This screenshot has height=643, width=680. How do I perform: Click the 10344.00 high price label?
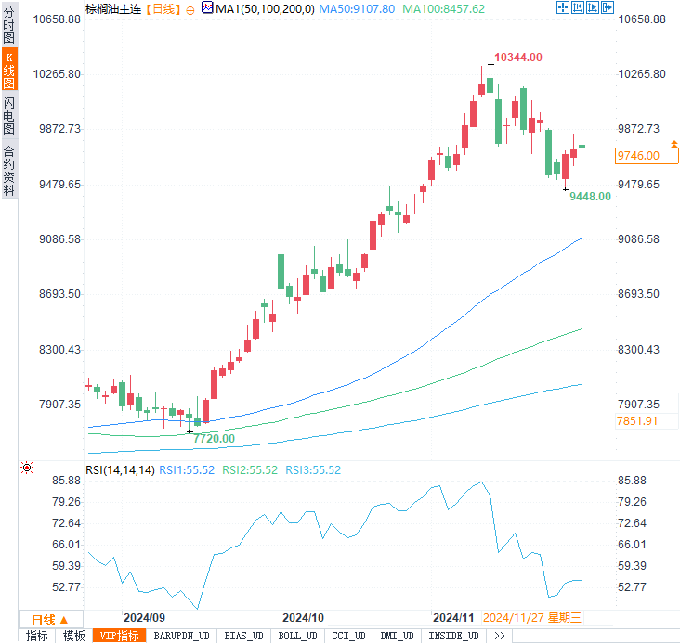coord(517,58)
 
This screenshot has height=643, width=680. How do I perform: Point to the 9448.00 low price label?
coord(590,196)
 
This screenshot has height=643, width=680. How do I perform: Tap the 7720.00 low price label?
coord(214,438)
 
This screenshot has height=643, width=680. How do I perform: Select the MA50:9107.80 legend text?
coord(357,8)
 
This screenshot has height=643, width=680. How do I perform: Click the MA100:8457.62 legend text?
coord(443,8)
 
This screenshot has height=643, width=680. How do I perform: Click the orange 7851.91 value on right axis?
coord(637,421)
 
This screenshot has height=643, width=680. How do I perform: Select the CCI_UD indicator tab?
coord(348,636)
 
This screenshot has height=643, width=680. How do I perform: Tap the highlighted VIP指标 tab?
coord(119,636)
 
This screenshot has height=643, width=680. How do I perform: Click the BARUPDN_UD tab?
coord(182,636)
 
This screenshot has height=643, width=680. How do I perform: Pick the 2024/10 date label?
coord(303,617)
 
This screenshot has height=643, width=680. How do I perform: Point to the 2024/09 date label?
coord(144,617)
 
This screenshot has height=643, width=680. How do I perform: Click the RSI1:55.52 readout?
coord(187,470)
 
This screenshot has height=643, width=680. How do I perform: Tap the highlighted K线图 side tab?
coord(9,71)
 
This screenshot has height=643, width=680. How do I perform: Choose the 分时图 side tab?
coord(9,25)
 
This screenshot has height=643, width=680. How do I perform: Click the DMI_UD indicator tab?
coord(399,636)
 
